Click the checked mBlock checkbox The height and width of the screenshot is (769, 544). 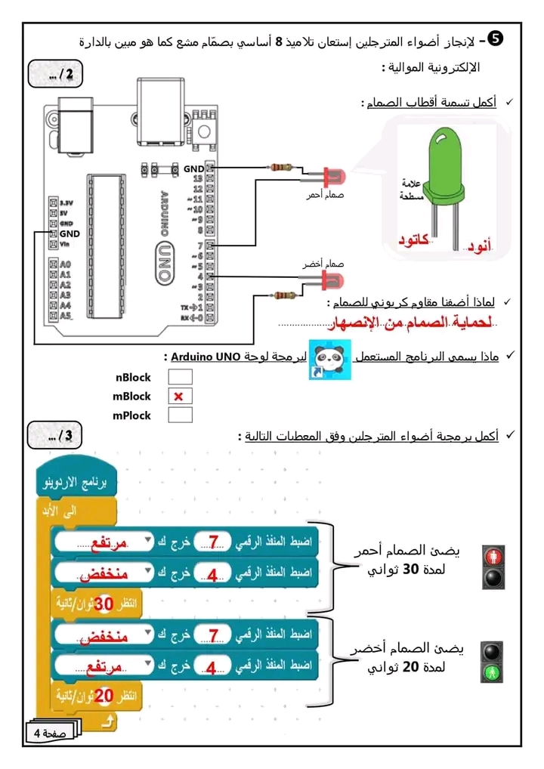click(179, 396)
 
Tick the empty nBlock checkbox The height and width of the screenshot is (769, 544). click(179, 377)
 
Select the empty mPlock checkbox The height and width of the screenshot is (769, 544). click(179, 415)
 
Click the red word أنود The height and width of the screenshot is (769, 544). click(477, 244)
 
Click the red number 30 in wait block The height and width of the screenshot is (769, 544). click(104, 604)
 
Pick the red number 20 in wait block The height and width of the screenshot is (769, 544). click(104, 695)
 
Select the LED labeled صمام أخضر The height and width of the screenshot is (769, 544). click(330, 280)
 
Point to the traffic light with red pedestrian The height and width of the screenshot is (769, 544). click(493, 567)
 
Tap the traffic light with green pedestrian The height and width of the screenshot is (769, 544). click(493, 662)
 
